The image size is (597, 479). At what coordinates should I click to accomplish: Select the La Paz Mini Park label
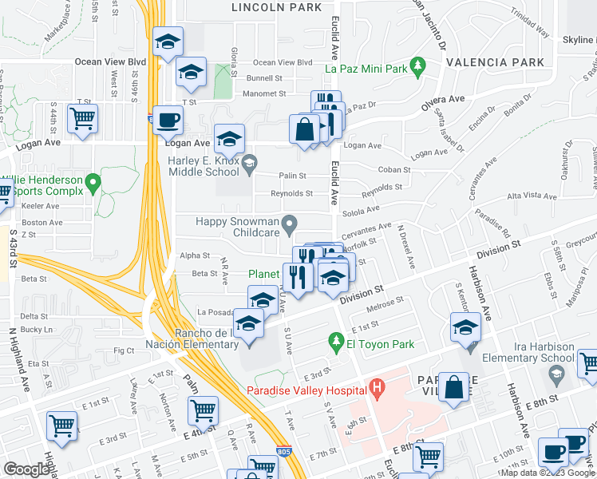click(x=362, y=68)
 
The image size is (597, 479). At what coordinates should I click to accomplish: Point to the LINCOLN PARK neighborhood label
click(x=276, y=7)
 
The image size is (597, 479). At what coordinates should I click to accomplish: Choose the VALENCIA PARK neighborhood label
click(x=496, y=61)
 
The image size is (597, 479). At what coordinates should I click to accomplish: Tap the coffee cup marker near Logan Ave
click(x=168, y=121)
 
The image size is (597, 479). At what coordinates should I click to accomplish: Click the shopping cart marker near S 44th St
click(x=82, y=119)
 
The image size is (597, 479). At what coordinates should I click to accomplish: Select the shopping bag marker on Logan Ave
click(x=306, y=129)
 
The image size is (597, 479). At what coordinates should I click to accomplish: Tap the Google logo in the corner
click(x=26, y=469)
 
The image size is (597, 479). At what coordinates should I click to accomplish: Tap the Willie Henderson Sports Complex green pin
click(x=93, y=185)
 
